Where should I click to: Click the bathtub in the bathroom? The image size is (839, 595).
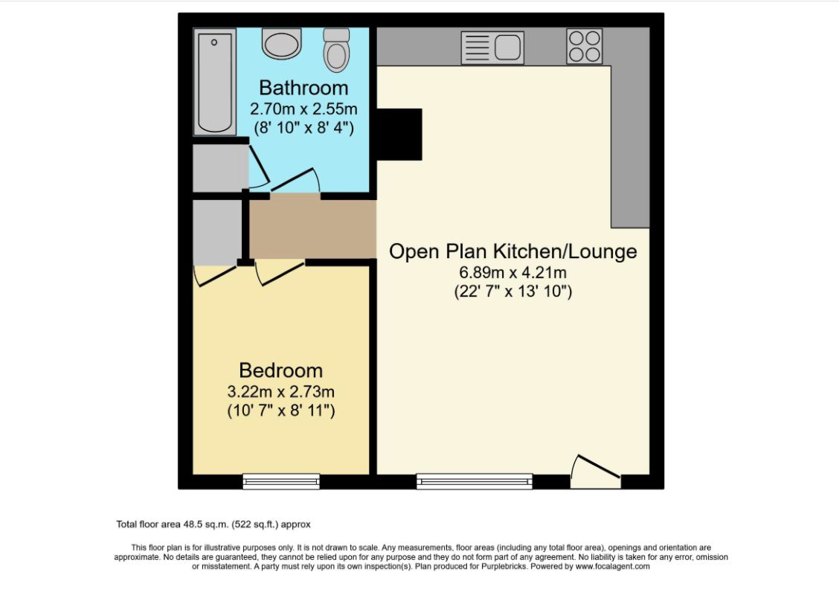215,82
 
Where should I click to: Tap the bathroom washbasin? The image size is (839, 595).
282,44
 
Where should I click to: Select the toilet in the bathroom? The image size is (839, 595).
337,51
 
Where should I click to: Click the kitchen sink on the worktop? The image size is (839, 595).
492,46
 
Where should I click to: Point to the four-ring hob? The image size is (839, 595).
584,45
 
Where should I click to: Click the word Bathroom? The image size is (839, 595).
303,89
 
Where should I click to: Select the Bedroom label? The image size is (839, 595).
280,370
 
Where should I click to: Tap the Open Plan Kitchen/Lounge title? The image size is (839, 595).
513,251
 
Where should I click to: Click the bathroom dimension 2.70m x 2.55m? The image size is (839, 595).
303,109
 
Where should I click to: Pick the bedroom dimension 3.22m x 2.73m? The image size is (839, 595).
280,391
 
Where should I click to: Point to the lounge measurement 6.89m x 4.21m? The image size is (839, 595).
513,272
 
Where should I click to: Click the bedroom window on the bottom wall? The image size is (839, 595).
281,482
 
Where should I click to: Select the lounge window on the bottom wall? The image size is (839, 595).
475,482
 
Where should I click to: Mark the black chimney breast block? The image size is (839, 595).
399,134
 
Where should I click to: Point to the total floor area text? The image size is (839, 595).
218,524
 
